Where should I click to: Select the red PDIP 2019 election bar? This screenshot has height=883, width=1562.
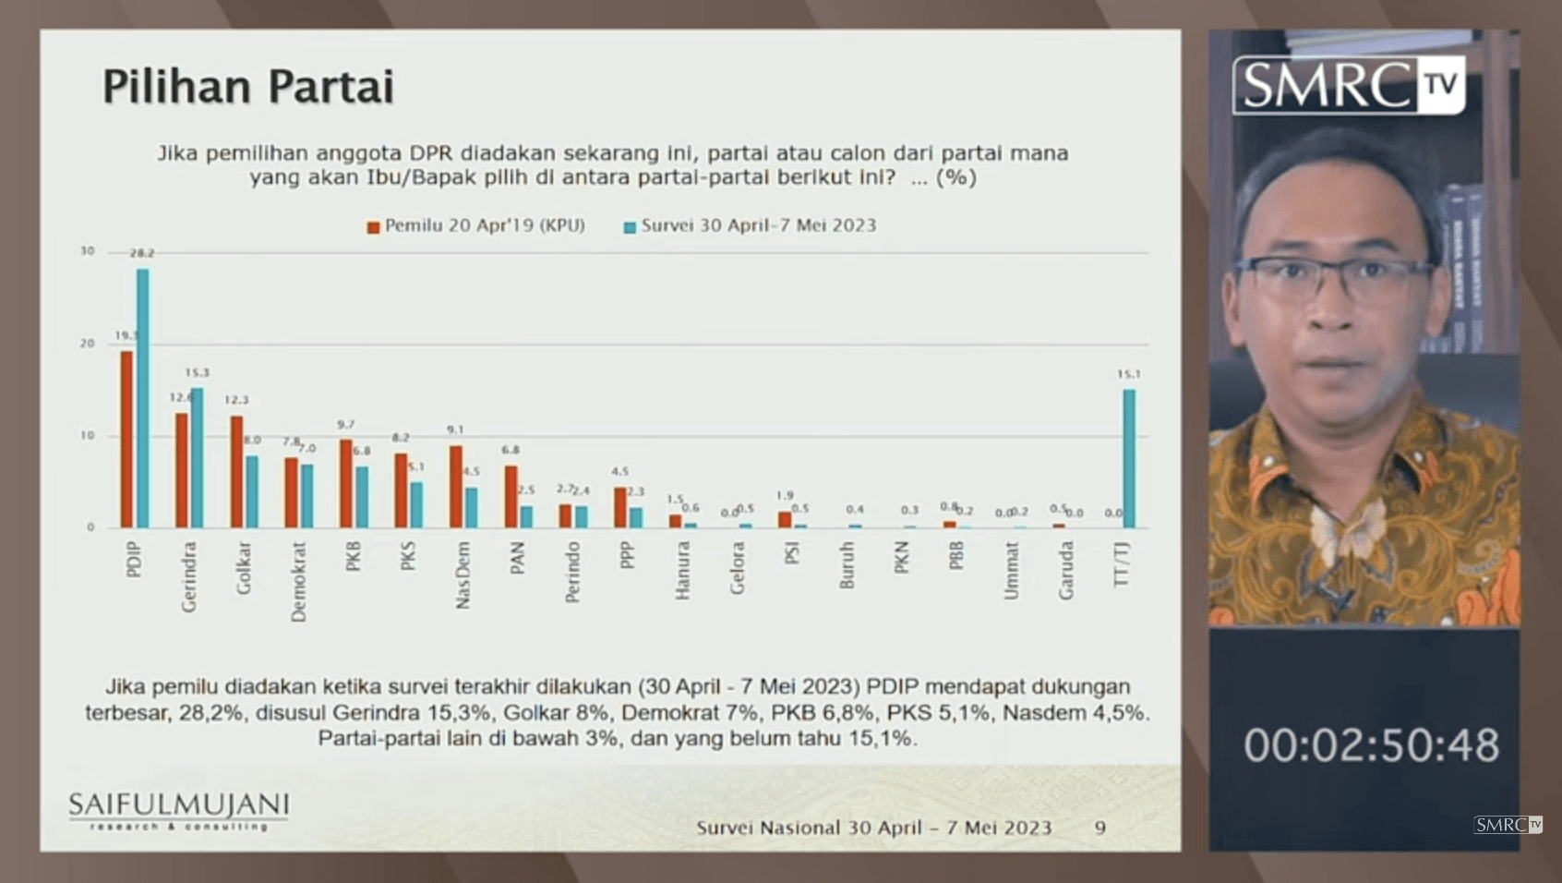pyautogui.click(x=126, y=439)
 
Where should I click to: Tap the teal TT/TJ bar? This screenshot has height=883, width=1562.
pyautogui.click(x=1129, y=458)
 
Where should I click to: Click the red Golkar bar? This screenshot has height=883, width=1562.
pyautogui.click(x=236, y=471)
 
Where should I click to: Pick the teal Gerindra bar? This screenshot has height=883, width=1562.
pyautogui.click(x=198, y=457)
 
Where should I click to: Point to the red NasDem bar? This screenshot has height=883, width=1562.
pyautogui.click(x=456, y=486)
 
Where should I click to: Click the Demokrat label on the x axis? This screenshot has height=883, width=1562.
pyautogui.click(x=298, y=581)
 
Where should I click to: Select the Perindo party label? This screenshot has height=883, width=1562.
pyautogui.click(x=572, y=572)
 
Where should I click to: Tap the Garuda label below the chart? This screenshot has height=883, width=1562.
pyautogui.click(x=1066, y=570)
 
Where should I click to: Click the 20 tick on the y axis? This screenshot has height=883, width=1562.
pyautogui.click(x=87, y=344)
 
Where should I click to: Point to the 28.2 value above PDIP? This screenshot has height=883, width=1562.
pyautogui.click(x=142, y=253)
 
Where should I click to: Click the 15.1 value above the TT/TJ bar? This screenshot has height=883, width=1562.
pyautogui.click(x=1128, y=374)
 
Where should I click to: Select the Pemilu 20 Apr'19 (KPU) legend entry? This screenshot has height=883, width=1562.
pyautogui.click(x=476, y=226)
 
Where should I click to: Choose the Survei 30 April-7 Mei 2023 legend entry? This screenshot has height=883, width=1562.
pyautogui.click(x=750, y=226)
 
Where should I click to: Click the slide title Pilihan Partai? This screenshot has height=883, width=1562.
pyautogui.click(x=248, y=88)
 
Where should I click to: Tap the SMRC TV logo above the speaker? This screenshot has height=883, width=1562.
pyautogui.click(x=1348, y=86)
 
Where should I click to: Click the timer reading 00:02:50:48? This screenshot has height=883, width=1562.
pyautogui.click(x=1370, y=745)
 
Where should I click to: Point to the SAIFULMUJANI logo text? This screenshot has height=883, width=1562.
pyautogui.click(x=178, y=805)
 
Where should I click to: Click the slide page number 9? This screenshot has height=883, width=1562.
pyautogui.click(x=1099, y=828)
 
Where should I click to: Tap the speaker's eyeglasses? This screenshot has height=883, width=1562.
pyautogui.click(x=1335, y=277)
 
